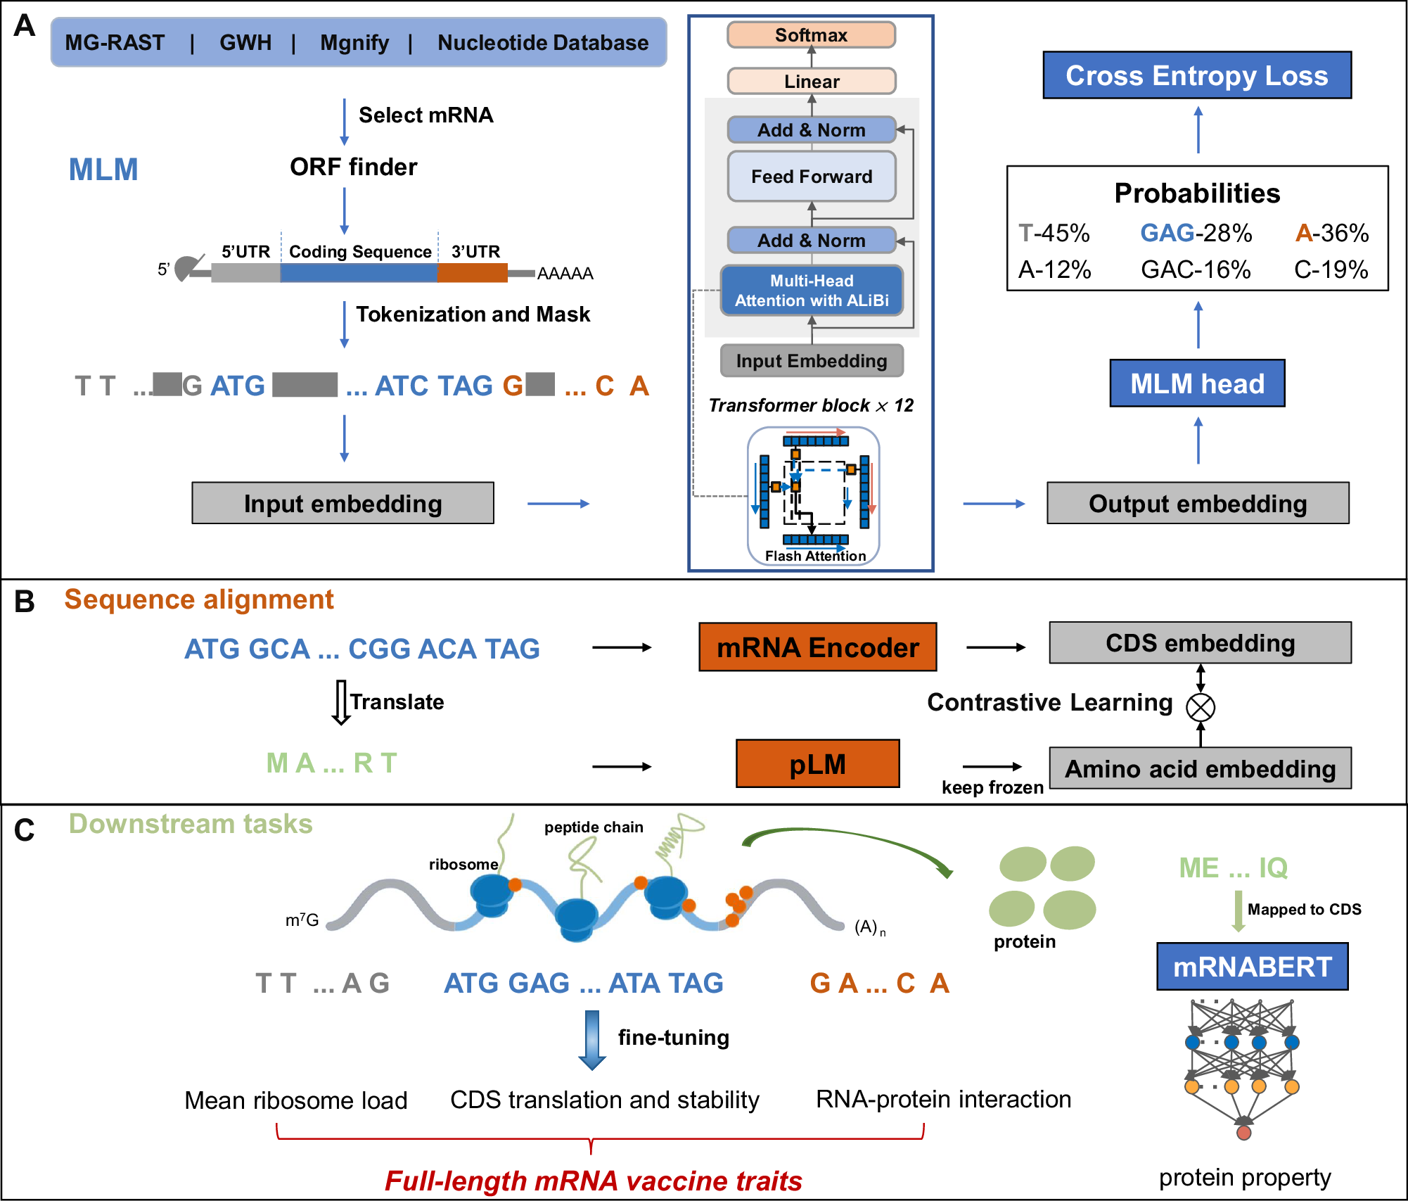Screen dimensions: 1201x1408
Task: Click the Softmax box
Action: tap(811, 35)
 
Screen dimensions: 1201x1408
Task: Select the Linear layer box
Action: tap(811, 82)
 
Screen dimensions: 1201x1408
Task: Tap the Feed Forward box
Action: tap(811, 177)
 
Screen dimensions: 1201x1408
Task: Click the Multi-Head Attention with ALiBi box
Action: tap(811, 291)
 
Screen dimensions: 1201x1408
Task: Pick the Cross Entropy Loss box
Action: tap(1196, 75)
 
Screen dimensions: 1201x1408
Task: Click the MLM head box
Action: tap(1196, 383)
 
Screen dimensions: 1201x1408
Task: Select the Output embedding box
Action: tap(1197, 504)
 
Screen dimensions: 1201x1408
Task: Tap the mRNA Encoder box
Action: tap(817, 647)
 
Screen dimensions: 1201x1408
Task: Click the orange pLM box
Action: tap(817, 764)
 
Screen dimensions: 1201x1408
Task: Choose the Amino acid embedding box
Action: tap(1200, 768)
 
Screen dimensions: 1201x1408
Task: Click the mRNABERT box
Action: tap(1252, 967)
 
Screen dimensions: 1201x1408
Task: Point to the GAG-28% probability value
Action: tap(1196, 233)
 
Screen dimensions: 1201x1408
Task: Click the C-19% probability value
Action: tap(1331, 269)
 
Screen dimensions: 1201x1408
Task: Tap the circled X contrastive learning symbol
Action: tap(1200, 707)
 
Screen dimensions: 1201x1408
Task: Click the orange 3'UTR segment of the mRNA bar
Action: tap(472, 272)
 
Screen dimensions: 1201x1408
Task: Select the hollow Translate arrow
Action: tap(341, 702)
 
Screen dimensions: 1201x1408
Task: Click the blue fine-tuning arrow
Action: tap(592, 1040)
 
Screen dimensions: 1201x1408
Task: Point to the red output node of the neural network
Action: tap(1243, 1133)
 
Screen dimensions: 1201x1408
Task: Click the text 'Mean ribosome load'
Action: tap(295, 1100)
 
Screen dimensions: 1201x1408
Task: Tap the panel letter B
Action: tap(25, 602)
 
